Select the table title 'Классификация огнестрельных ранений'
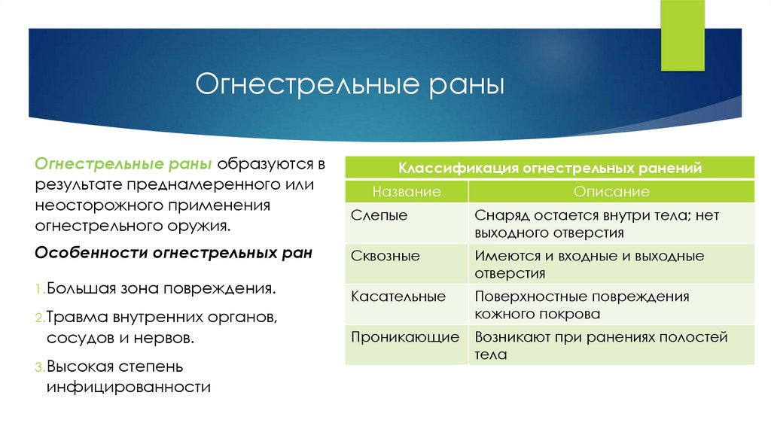(x=550, y=169)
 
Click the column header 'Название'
(x=407, y=192)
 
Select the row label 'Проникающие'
(x=405, y=337)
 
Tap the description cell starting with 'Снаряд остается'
(x=597, y=224)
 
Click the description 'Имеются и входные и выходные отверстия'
(x=590, y=264)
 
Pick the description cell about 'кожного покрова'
(x=582, y=305)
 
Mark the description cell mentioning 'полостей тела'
(x=601, y=345)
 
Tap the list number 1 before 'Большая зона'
(x=38, y=289)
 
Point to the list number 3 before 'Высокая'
(x=39, y=368)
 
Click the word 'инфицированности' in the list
(x=128, y=388)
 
